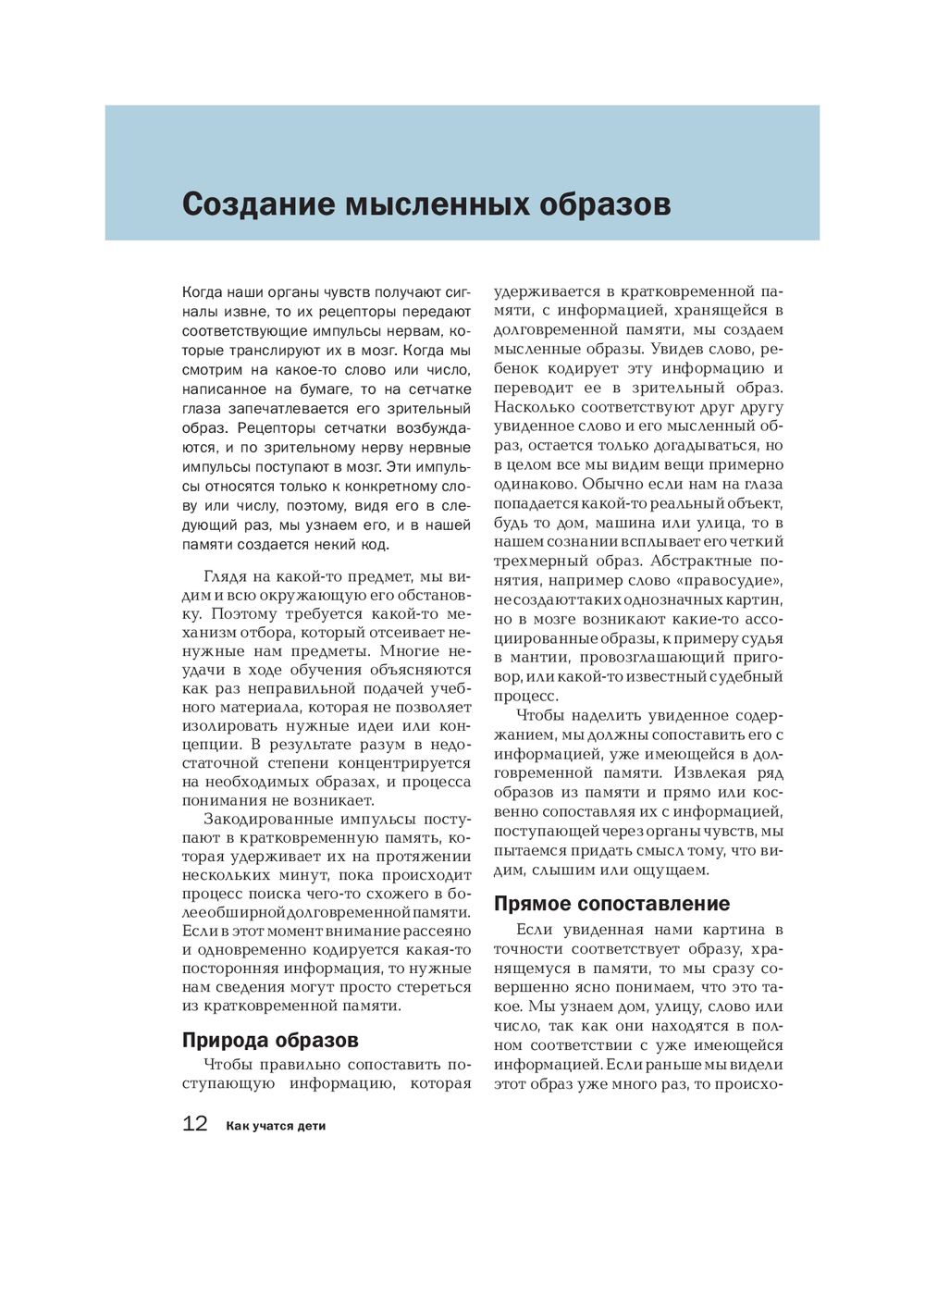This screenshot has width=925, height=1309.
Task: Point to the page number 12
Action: pos(195,1124)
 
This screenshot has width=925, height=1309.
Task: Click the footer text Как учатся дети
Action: pos(276,1126)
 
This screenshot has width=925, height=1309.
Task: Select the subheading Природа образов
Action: pos(270,1040)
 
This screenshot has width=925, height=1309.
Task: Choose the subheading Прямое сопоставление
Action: pos(611,904)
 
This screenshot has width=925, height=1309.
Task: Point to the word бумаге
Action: pos(324,389)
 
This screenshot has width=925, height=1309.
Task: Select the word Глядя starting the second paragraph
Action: pos(227,576)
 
